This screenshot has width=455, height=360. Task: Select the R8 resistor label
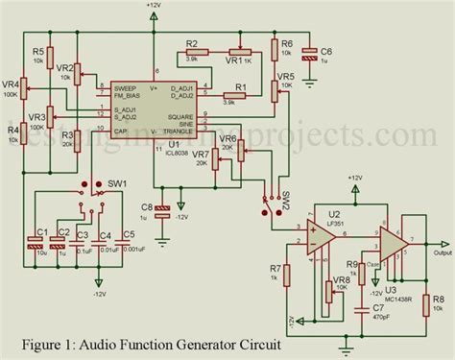coord(437,299)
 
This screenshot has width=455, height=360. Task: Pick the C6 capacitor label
coord(325,51)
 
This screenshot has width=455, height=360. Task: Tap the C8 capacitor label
coord(146,206)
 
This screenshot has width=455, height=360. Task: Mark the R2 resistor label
coord(191,44)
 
